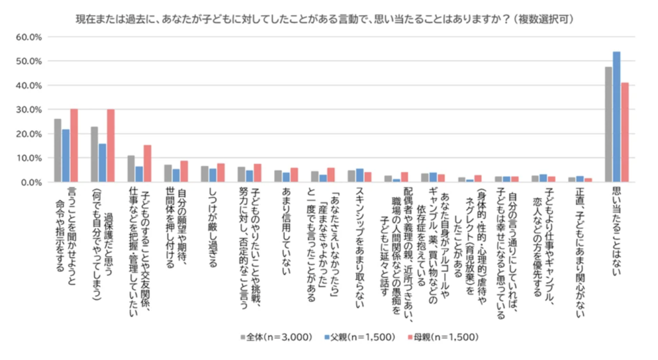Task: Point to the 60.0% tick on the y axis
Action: click(x=29, y=37)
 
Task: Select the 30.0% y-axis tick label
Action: click(x=29, y=110)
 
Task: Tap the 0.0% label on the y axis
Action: click(x=31, y=183)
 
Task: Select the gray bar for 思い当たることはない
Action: click(x=609, y=125)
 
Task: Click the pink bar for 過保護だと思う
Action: click(x=111, y=146)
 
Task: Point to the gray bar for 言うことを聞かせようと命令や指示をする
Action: click(x=58, y=150)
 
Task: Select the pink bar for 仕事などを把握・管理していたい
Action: click(x=147, y=164)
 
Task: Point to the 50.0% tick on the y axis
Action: click(x=29, y=62)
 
